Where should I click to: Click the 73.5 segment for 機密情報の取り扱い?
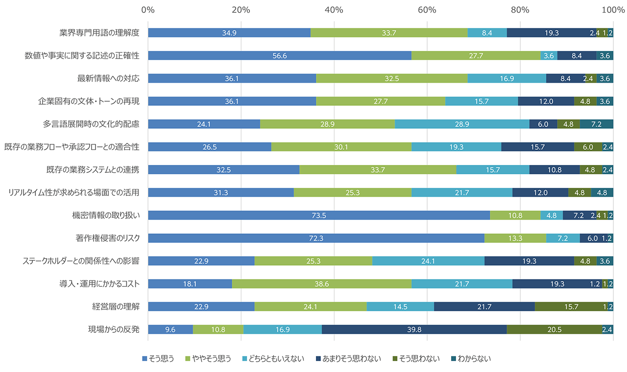[319, 215]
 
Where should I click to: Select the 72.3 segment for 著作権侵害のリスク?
[316, 238]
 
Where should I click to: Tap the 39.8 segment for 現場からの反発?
[414, 329]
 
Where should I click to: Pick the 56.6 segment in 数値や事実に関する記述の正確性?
[279, 55]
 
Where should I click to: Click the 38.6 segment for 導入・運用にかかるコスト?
[321, 283]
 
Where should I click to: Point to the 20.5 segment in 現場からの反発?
[554, 329]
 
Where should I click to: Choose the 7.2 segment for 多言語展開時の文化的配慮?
[596, 124]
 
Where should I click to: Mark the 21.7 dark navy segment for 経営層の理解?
[484, 306]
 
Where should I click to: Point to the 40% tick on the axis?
[334, 9]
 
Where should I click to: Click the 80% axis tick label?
[520, 9]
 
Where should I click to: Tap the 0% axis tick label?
[147, 9]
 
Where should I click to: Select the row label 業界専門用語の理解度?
[99, 33]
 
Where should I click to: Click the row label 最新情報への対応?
[108, 78]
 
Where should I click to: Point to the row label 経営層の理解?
[116, 306]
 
